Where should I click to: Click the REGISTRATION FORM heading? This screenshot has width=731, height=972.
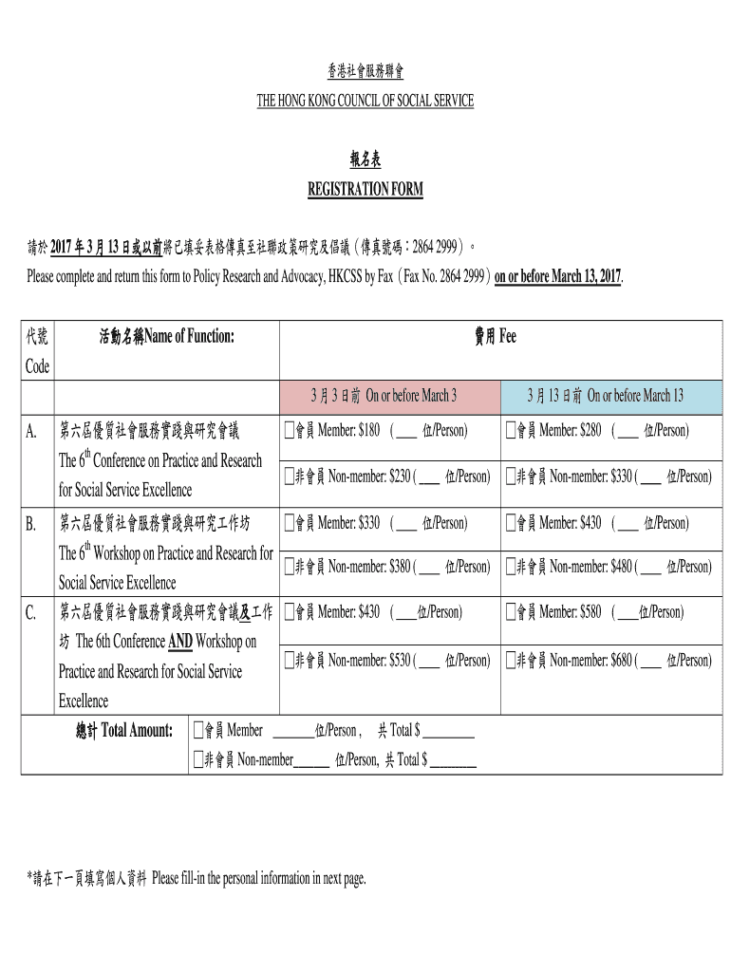click(x=365, y=190)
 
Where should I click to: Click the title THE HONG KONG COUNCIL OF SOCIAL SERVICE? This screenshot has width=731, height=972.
click(x=365, y=101)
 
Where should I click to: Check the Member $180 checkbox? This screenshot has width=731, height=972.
click(x=289, y=431)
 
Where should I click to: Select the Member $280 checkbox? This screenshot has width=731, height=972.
click(x=510, y=431)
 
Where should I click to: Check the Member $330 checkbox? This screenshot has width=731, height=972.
click(x=289, y=523)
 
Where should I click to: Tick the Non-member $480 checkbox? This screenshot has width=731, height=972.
click(x=510, y=567)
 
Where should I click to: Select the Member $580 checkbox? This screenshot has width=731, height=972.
click(x=510, y=612)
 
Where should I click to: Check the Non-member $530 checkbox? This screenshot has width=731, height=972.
click(x=289, y=660)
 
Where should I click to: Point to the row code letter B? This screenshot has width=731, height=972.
click(x=31, y=524)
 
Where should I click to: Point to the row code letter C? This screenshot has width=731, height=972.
click(x=31, y=613)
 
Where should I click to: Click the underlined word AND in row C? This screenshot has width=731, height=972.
click(x=180, y=643)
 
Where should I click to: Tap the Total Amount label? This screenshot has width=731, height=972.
click(x=124, y=730)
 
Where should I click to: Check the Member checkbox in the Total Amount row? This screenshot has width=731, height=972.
click(x=198, y=730)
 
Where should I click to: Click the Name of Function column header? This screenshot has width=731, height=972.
click(x=166, y=337)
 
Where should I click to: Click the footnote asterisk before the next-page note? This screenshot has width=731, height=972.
click(x=29, y=878)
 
